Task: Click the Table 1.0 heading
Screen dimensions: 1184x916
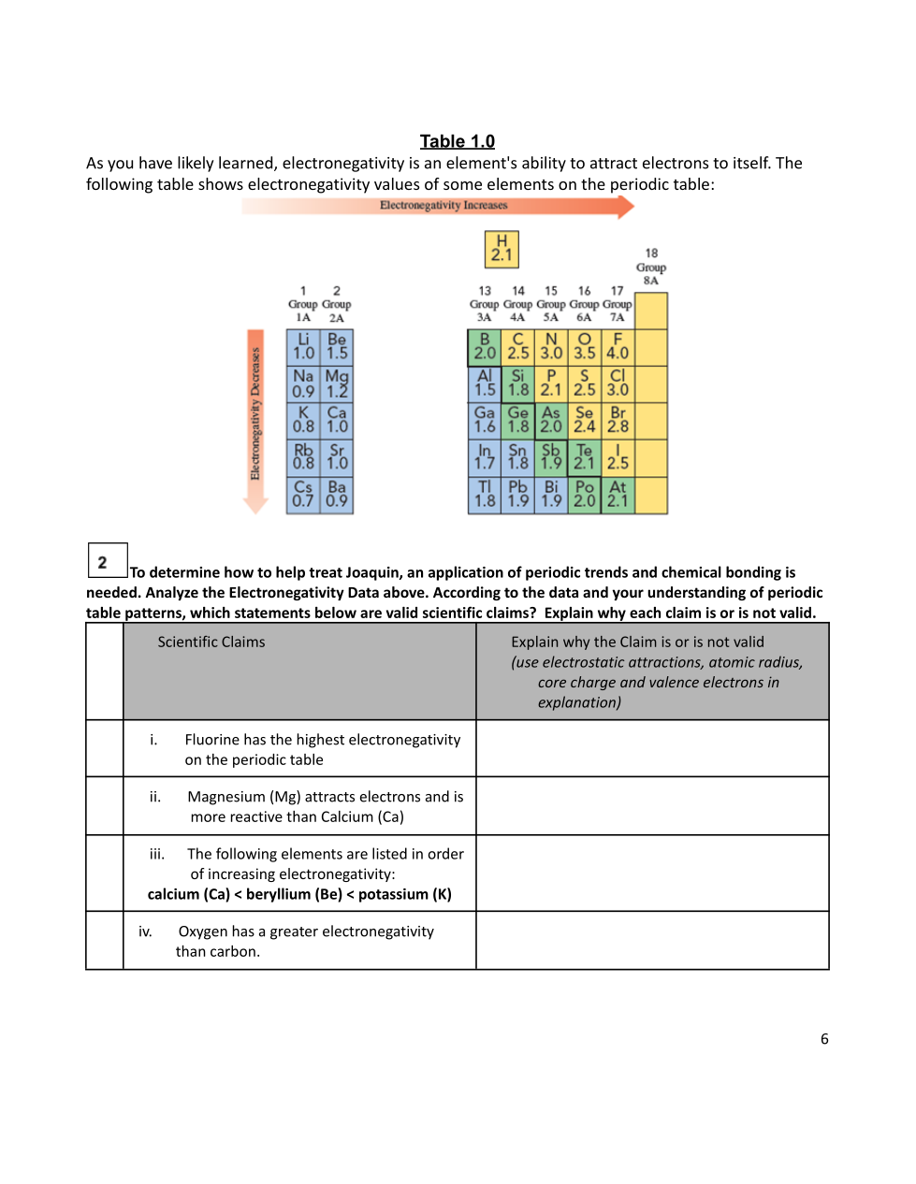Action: (x=457, y=141)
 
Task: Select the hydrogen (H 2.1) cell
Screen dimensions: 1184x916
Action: (x=502, y=249)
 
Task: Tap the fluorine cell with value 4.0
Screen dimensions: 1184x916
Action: (x=618, y=347)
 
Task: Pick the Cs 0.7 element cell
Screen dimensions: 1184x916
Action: (x=303, y=495)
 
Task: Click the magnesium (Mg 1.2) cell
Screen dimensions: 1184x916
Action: (x=337, y=383)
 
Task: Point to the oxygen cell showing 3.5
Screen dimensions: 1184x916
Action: (x=585, y=347)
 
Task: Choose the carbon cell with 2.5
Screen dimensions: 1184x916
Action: (x=518, y=347)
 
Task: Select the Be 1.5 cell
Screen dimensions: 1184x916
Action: (x=337, y=347)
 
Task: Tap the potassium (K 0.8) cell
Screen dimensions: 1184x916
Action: (x=303, y=420)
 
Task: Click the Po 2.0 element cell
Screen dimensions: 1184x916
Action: (x=585, y=495)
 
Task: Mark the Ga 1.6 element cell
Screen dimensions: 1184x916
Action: (x=485, y=420)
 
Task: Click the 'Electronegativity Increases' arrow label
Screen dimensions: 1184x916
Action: (x=443, y=206)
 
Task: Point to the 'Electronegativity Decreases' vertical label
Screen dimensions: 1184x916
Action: (x=254, y=414)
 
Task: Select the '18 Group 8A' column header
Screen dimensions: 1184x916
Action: (x=651, y=267)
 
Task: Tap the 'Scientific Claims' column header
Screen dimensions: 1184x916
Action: (x=211, y=643)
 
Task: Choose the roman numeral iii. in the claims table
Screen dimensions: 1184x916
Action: (x=157, y=854)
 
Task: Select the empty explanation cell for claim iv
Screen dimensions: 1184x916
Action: (x=652, y=941)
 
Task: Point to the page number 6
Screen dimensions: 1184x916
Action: (x=824, y=1039)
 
